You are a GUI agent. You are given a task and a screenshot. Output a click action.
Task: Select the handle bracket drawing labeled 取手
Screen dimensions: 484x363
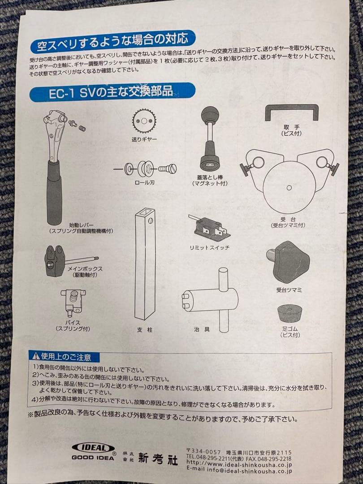click(x=291, y=112)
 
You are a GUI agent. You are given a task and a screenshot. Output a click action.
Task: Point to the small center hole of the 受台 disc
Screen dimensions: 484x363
click(x=289, y=187)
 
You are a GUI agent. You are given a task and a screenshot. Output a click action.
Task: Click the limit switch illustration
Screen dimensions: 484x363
click(x=210, y=229)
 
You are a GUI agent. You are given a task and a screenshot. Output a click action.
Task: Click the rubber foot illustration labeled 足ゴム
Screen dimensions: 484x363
click(x=290, y=313)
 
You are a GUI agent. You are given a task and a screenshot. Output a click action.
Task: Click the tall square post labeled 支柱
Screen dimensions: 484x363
click(x=145, y=264)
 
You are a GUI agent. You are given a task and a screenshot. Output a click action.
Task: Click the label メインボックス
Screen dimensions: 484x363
click(x=85, y=269)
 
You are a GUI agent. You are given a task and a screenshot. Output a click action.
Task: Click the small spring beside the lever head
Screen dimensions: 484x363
click(x=81, y=128)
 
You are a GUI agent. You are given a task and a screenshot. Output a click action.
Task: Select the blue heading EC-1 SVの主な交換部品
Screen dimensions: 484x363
click(x=112, y=92)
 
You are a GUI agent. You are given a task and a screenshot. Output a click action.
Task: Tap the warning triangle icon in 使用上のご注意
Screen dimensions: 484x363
click(x=35, y=357)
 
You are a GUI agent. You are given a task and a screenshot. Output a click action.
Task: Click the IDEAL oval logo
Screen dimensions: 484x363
click(x=93, y=448)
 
